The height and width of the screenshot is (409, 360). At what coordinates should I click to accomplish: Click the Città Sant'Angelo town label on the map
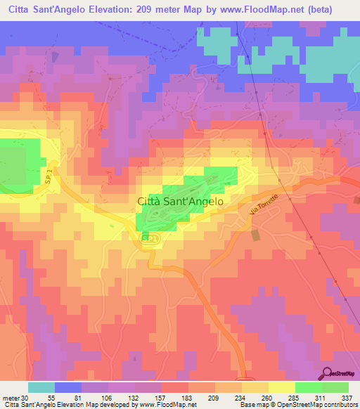point(179,200)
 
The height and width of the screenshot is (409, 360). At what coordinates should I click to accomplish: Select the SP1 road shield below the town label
point(148,240)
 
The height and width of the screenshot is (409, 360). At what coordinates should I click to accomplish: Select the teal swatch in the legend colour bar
point(41,387)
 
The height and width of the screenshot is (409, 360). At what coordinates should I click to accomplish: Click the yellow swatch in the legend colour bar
point(281,387)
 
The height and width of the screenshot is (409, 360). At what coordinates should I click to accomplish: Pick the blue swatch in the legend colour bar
point(68,387)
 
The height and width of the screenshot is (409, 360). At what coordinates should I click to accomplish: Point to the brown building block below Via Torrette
point(255,235)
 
